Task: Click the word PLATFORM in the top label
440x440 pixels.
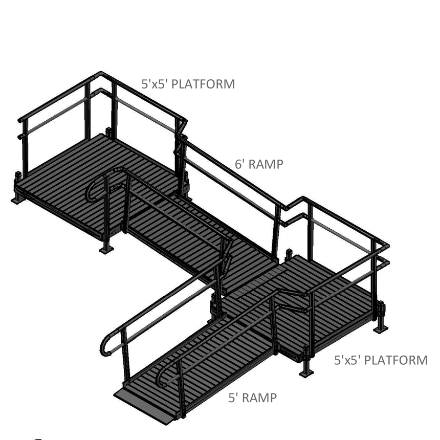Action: [x=203, y=84]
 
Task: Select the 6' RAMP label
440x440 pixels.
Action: [x=259, y=164]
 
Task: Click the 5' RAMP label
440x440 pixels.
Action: [x=252, y=398]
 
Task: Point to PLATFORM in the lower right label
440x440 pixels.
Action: [x=396, y=360]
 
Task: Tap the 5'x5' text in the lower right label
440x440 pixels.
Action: [x=348, y=360]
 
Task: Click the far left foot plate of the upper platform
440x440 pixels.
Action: [x=17, y=200]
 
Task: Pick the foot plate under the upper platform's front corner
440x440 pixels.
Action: [x=106, y=250]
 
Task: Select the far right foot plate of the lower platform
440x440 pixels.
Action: [x=380, y=329]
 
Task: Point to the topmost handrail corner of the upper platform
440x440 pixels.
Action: [x=101, y=74]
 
